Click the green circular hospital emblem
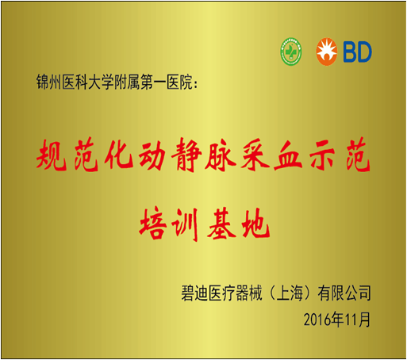(x=291, y=52)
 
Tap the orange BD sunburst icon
(x=327, y=52)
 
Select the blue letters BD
(x=357, y=52)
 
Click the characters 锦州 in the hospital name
(x=49, y=82)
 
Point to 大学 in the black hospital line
(x=101, y=82)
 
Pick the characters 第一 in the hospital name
(x=153, y=82)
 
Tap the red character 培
(x=153, y=224)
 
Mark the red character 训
(x=186, y=224)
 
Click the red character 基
(x=221, y=224)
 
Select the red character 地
(x=255, y=224)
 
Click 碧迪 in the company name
(x=194, y=293)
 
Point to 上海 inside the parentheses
(x=290, y=293)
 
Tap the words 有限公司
(x=344, y=293)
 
